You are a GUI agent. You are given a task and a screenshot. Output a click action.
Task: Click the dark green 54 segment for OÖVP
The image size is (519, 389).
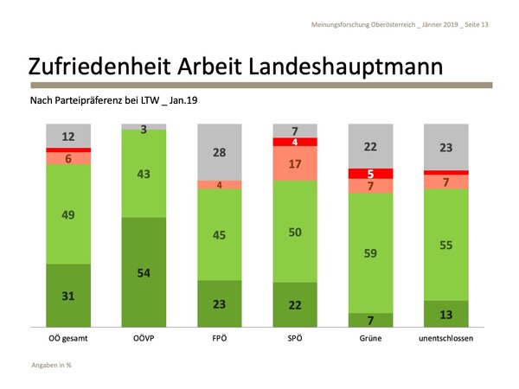(144, 272)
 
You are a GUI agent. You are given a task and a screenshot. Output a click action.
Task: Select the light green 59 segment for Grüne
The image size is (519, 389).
(370, 253)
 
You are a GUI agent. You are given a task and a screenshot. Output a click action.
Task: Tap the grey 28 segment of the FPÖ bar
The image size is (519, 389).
(220, 152)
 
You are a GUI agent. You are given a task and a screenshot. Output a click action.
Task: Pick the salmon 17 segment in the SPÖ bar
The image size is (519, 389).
(295, 163)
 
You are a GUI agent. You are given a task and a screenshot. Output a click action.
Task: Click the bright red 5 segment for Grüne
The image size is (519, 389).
(370, 174)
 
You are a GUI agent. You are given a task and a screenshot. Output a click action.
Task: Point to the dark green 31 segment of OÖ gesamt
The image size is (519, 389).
(68, 296)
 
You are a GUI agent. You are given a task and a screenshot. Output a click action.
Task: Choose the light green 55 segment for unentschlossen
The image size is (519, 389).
(445, 245)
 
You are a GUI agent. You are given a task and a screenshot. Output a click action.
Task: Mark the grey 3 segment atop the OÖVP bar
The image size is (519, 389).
(144, 127)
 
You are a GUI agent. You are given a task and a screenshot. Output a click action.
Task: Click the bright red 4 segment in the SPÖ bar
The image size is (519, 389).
(295, 142)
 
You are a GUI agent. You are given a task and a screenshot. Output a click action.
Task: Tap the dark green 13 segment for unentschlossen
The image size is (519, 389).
(445, 313)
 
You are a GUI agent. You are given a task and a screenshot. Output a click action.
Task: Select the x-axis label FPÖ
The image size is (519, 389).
(220, 339)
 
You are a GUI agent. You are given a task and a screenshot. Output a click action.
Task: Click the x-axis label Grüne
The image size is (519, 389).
(370, 339)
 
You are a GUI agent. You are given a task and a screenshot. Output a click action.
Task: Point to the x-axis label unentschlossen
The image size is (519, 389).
(445, 339)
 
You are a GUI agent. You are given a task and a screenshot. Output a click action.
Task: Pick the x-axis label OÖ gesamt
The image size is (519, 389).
(68, 339)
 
